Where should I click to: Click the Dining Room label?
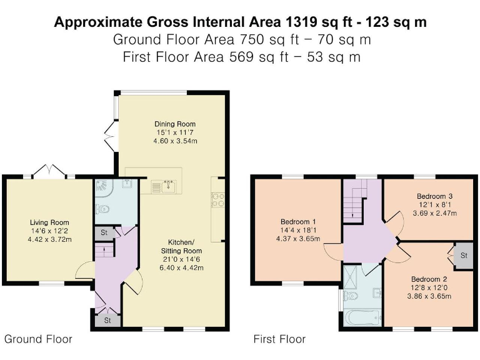175,124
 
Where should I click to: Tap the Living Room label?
49,222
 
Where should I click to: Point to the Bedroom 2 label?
429,279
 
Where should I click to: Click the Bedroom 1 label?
298,222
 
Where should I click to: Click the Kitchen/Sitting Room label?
181,246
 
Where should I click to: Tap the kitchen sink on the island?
168,186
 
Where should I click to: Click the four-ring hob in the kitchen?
218,199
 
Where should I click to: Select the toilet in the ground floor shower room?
103,209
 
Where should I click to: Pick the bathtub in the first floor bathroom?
362,318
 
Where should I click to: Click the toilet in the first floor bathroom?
351,296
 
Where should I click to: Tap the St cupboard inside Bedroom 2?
464,256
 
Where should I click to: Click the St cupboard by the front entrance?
107,321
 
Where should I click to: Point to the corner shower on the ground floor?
104,189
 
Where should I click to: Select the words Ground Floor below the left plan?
38,339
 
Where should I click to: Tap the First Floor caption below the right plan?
279,339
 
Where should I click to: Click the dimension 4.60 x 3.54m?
175,141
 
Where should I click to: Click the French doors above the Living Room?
49,171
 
